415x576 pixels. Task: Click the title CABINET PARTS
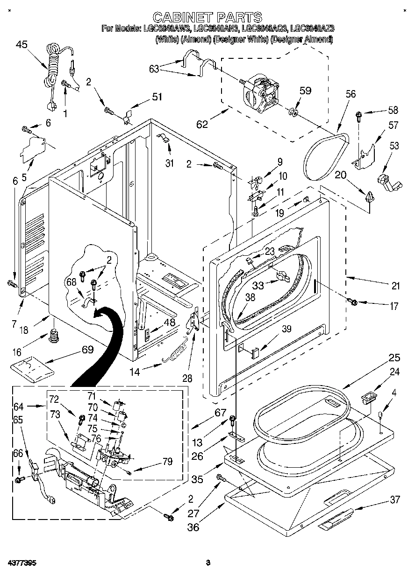pyautogui.click(x=207, y=17)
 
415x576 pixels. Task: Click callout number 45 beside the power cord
pyautogui.click(x=21, y=44)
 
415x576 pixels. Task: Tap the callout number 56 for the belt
pyautogui.click(x=351, y=94)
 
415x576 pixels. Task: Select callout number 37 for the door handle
pyautogui.click(x=395, y=500)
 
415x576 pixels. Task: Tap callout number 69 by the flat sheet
pyautogui.click(x=88, y=349)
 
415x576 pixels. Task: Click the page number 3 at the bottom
pyautogui.click(x=208, y=563)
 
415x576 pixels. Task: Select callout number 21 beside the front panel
pyautogui.click(x=395, y=286)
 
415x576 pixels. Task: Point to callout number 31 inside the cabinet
pyautogui.click(x=169, y=163)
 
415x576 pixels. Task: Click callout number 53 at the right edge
pyautogui.click(x=394, y=147)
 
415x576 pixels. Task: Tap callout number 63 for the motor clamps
pyautogui.click(x=154, y=70)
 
